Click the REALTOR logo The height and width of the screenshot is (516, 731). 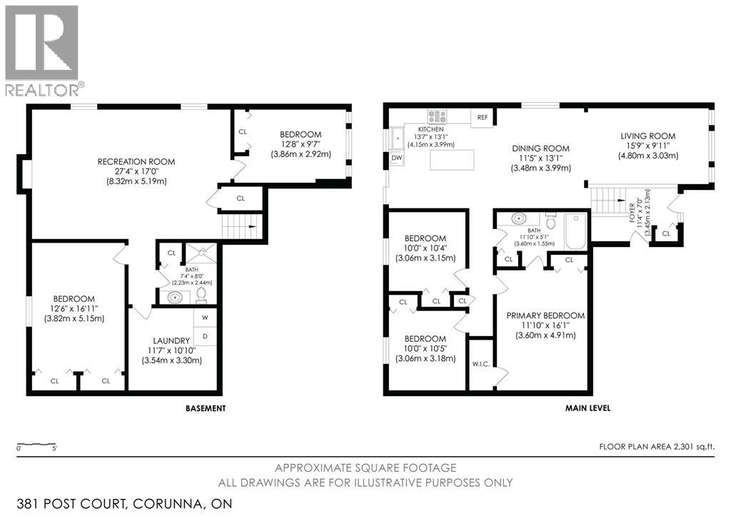pyautogui.click(x=45, y=51)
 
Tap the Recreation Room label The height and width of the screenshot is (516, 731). pyautogui.click(x=136, y=162)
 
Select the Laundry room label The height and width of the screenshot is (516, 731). pyautogui.click(x=171, y=340)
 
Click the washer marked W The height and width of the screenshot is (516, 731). pyautogui.click(x=205, y=318)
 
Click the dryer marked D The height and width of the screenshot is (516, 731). pyautogui.click(x=205, y=336)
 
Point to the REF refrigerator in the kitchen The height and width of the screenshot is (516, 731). pyautogui.click(x=483, y=117)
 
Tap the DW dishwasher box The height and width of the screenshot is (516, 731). pyautogui.click(x=397, y=158)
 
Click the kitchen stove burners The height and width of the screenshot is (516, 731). pyautogui.click(x=438, y=116)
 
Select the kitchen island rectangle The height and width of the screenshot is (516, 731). pyautogui.click(x=452, y=160)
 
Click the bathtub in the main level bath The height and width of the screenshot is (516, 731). pyautogui.click(x=577, y=231)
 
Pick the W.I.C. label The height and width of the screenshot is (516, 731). pyautogui.click(x=481, y=364)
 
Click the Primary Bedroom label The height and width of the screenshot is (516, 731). pyautogui.click(x=545, y=315)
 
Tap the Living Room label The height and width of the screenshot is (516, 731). pyautogui.click(x=648, y=136)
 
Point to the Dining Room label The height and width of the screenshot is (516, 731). pyautogui.click(x=541, y=148)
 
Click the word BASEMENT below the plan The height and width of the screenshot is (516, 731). pyautogui.click(x=206, y=408)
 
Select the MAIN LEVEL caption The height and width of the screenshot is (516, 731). pyautogui.click(x=588, y=408)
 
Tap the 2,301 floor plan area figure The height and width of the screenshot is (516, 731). pyautogui.click(x=684, y=447)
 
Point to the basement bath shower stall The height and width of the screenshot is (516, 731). pyautogui.click(x=201, y=253)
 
